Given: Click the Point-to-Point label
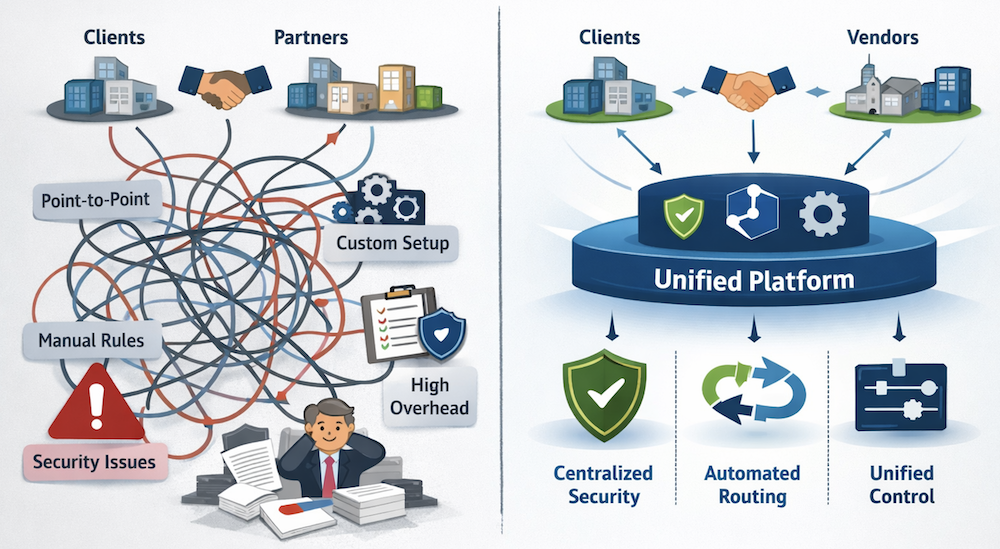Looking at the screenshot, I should click(x=96, y=200).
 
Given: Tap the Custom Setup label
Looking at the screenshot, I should click(x=392, y=243).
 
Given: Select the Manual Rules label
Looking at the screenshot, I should click(x=91, y=341).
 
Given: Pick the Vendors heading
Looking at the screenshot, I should click(x=880, y=39).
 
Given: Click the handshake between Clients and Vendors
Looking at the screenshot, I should click(x=742, y=88).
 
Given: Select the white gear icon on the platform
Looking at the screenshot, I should click(x=823, y=213).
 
